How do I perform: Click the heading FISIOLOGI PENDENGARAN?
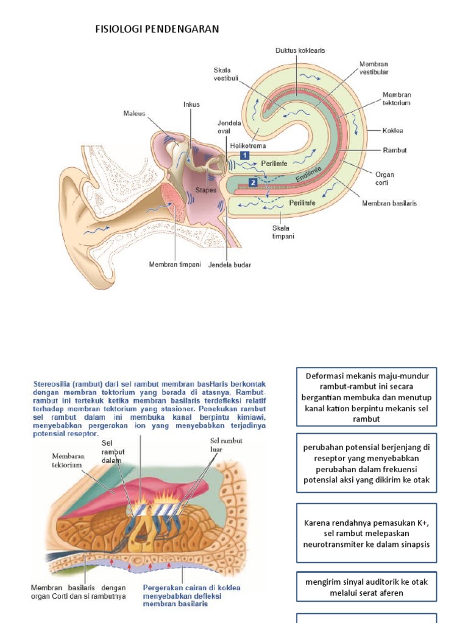click(x=157, y=29)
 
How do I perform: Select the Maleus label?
click(x=135, y=113)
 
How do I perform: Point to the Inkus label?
click(x=191, y=105)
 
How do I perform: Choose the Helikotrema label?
click(x=249, y=146)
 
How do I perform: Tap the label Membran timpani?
click(x=175, y=265)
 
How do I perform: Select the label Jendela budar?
click(x=230, y=265)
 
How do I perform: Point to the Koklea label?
click(x=393, y=130)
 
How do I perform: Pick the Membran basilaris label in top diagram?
click(x=389, y=203)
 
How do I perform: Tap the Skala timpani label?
click(x=284, y=232)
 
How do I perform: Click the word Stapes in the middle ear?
click(x=206, y=190)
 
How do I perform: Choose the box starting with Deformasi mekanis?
click(x=366, y=397)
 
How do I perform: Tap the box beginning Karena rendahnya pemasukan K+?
click(x=366, y=533)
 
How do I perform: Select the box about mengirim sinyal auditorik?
click(x=366, y=587)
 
